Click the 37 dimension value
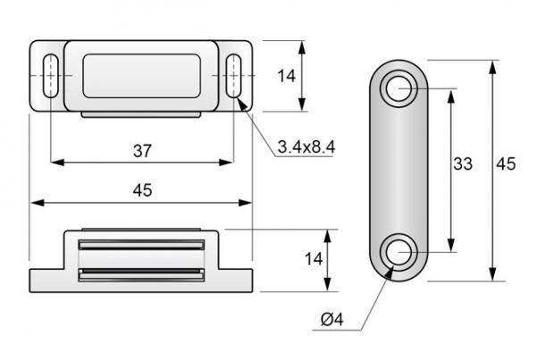(141, 151)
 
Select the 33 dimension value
(462, 163)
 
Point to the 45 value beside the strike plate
(506, 163)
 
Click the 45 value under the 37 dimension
(141, 189)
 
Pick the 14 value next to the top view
(286, 76)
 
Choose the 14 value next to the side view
(311, 259)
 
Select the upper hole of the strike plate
(399, 89)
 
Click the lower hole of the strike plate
(399, 253)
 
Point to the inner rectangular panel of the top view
(142, 75)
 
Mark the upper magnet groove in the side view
(142, 244)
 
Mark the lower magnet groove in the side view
(142, 272)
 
